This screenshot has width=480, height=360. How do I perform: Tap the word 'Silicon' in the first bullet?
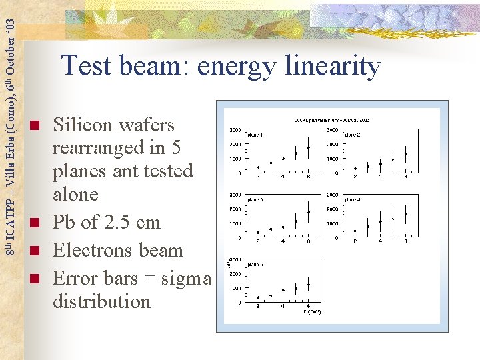pos(84,125)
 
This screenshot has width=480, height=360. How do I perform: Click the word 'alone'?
pos(75,194)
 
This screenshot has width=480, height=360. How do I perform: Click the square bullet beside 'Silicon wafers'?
pos(36,126)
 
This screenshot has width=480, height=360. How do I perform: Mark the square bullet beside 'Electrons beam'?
pos(36,251)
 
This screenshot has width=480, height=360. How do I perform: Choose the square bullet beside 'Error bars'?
pos(36,278)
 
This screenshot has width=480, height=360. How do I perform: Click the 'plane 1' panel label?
pos(254,135)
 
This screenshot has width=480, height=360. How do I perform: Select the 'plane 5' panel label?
pos(254,264)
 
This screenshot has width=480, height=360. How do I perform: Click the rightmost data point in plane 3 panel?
pos(308,212)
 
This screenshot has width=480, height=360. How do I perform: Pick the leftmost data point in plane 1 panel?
pos(258,167)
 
